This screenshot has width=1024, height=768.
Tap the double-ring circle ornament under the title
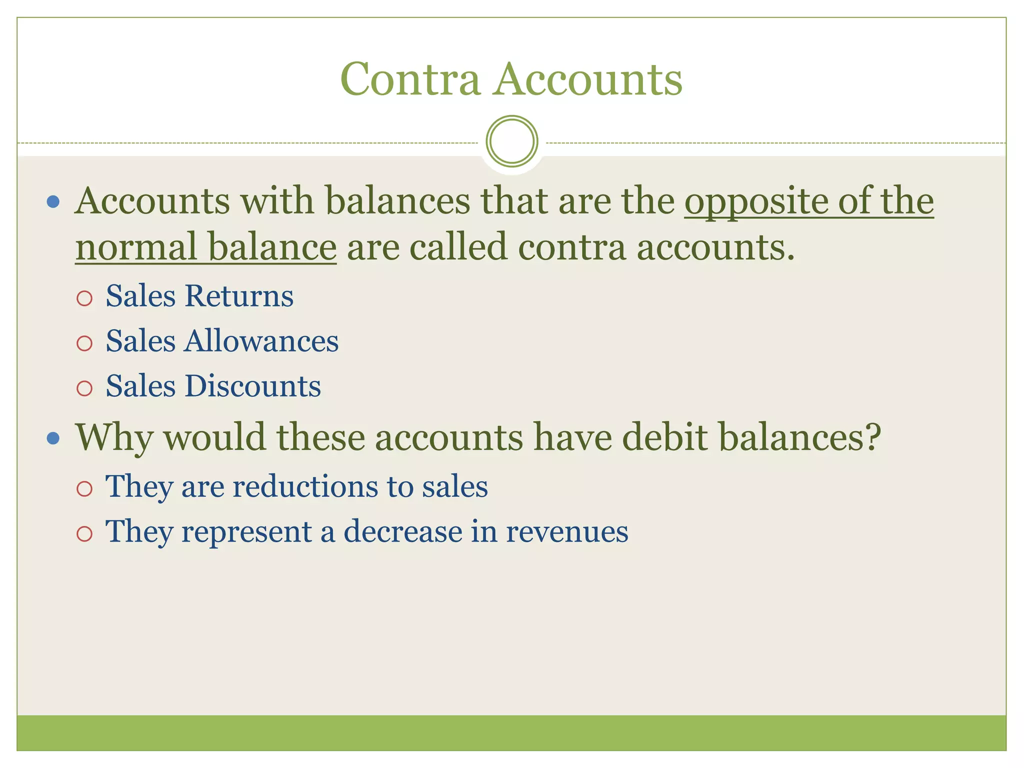(x=511, y=141)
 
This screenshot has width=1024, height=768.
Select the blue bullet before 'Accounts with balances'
(x=53, y=202)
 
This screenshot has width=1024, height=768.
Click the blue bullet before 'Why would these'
(x=53, y=438)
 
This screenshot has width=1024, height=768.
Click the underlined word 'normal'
(x=136, y=247)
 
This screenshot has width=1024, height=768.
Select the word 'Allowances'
(x=261, y=341)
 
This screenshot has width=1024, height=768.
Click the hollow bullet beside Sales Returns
(x=84, y=298)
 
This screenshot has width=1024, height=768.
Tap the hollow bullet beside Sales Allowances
(x=84, y=343)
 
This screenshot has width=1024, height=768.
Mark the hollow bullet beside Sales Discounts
(x=84, y=388)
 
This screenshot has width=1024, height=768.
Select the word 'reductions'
(x=304, y=486)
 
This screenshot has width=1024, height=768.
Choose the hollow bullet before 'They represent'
(x=84, y=534)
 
